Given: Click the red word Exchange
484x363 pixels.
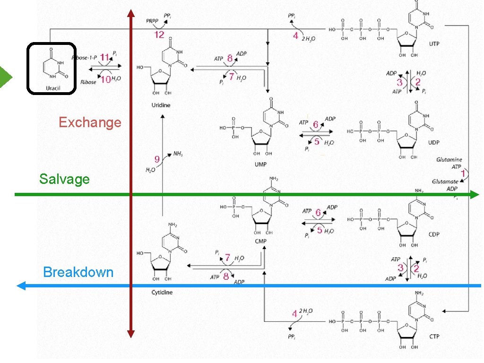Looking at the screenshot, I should coord(90,122).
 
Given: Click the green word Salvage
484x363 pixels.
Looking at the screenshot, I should coord(64,179).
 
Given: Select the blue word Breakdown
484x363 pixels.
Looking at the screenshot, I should coord(78,272).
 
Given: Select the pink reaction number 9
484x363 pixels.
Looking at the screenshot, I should coord(156,159).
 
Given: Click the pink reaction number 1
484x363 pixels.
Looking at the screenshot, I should coord(464,174).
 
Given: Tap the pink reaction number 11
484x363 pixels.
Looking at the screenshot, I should coord(104,57).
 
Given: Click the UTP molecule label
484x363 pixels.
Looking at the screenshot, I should coord(434,43).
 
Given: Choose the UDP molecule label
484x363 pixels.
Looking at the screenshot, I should coord(434,143).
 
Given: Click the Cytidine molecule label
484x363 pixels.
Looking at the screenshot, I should coord(162,292).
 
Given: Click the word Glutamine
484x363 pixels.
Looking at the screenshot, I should coord(449,160).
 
